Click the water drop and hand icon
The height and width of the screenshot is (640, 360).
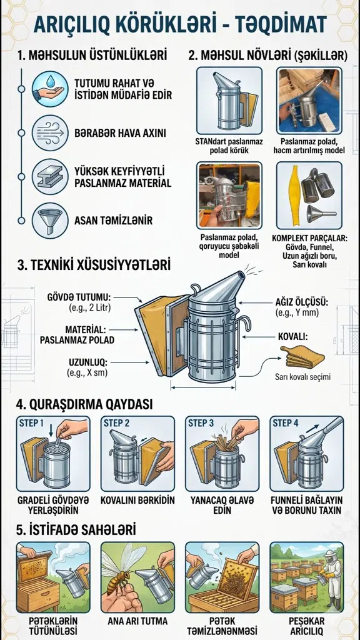pyautogui.click(x=50, y=89)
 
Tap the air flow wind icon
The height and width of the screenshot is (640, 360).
pyautogui.click(x=50, y=133)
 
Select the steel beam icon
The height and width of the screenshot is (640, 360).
pyautogui.click(x=50, y=177)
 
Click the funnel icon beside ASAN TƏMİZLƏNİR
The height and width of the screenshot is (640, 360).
pyautogui.click(x=50, y=221)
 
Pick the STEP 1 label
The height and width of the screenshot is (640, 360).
pyautogui.click(x=31, y=423)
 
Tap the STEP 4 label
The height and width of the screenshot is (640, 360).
pyautogui.click(x=285, y=423)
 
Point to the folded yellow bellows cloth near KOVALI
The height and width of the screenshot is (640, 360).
pyautogui.click(x=302, y=356)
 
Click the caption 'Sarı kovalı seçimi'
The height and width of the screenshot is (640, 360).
pyautogui.click(x=302, y=377)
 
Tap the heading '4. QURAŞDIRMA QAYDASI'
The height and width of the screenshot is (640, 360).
pyautogui.click(x=84, y=404)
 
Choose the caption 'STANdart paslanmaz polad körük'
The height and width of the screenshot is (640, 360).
pyautogui.click(x=229, y=146)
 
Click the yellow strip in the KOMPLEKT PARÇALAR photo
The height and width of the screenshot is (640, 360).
pyautogui.click(x=294, y=194)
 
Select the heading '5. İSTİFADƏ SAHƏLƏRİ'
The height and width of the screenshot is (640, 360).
pyautogui.click(x=76, y=530)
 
